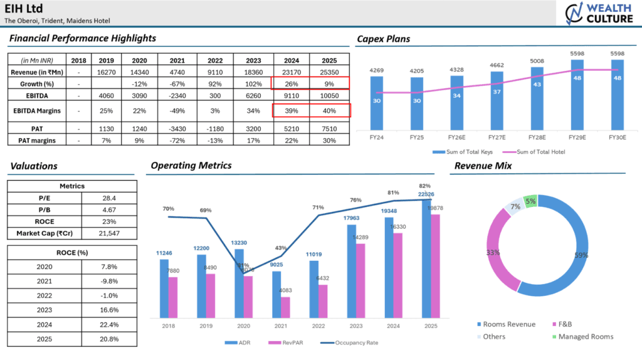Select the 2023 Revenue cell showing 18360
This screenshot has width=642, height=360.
[253, 72]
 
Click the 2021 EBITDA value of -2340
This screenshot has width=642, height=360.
[177, 96]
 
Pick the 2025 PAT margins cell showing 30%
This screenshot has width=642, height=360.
[330, 140]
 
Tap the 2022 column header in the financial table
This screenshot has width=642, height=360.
[216, 60]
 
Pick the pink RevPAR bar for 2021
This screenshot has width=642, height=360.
[285, 307]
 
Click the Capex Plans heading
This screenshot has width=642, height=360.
[384, 39]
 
